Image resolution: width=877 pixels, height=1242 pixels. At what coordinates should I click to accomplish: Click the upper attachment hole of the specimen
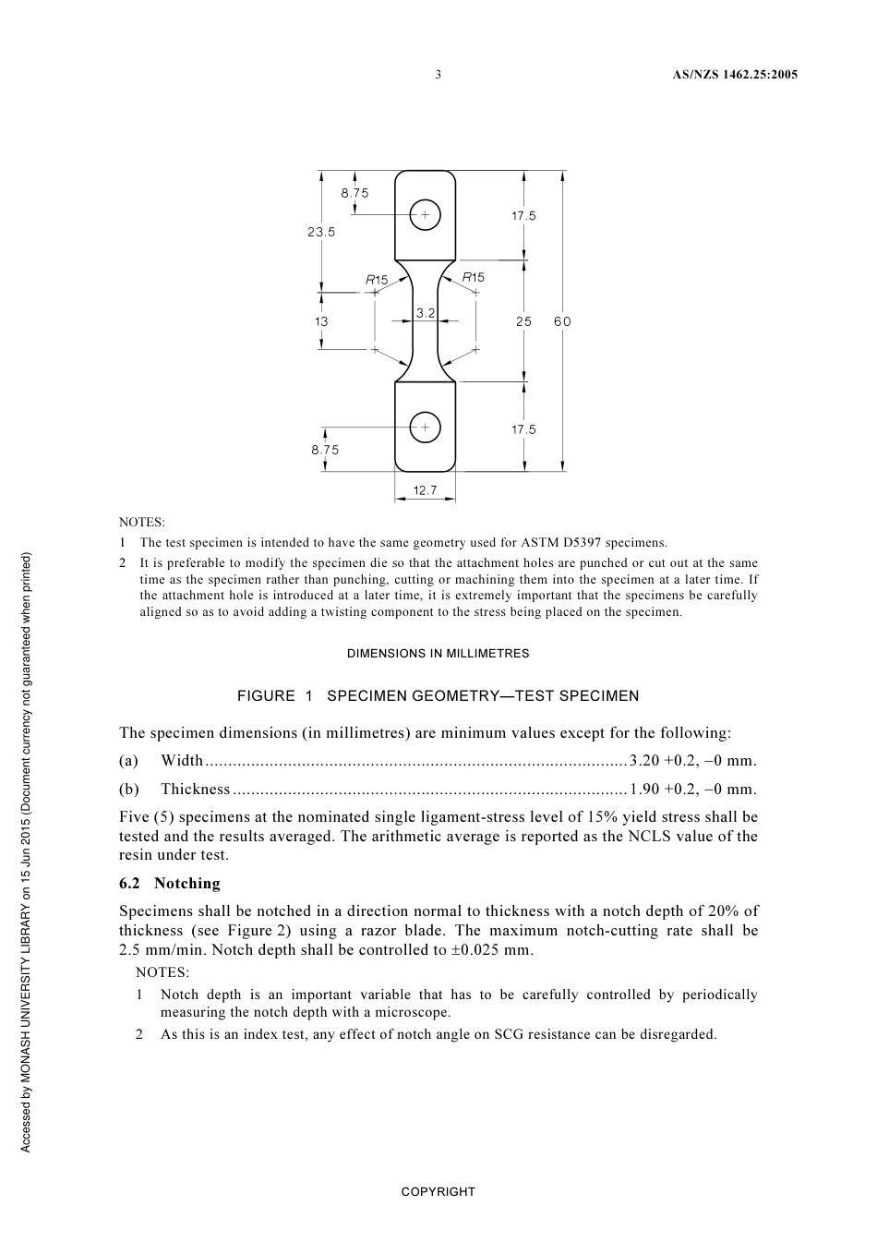pos(425,215)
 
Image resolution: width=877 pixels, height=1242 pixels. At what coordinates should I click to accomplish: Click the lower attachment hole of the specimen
pos(425,428)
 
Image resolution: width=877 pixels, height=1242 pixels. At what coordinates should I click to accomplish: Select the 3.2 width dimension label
pos(425,313)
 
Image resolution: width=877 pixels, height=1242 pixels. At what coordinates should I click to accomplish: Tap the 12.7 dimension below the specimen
pos(425,490)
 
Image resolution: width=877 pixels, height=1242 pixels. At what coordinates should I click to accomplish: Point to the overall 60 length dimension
pos(562,321)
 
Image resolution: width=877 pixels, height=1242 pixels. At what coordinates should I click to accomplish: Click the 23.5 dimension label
pos(321,232)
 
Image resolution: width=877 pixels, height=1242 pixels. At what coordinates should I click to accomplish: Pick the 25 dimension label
pos(524,321)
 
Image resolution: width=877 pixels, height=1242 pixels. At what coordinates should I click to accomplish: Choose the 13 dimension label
pos(321,321)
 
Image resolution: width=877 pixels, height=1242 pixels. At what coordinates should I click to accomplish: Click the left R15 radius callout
pos(377,279)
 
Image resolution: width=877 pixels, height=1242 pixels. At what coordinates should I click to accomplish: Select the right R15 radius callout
pos(473,277)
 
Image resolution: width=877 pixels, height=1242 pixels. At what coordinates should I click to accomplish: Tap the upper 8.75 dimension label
pos(354,193)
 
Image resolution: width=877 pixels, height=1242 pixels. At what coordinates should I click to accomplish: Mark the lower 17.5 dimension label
pos(523,429)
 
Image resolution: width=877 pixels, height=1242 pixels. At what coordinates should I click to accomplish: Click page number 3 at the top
pos(438,75)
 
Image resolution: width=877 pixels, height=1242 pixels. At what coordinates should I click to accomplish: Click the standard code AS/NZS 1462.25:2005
pos(734,75)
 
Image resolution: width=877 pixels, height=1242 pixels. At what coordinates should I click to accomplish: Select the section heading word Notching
pos(187,883)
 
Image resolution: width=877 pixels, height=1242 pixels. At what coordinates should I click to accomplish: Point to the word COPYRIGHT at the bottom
pos(438,1192)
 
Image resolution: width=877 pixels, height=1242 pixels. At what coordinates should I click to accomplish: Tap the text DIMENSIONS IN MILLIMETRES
pos(438,654)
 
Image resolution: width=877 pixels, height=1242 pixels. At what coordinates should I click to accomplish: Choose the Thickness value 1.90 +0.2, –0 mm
pos(692,790)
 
